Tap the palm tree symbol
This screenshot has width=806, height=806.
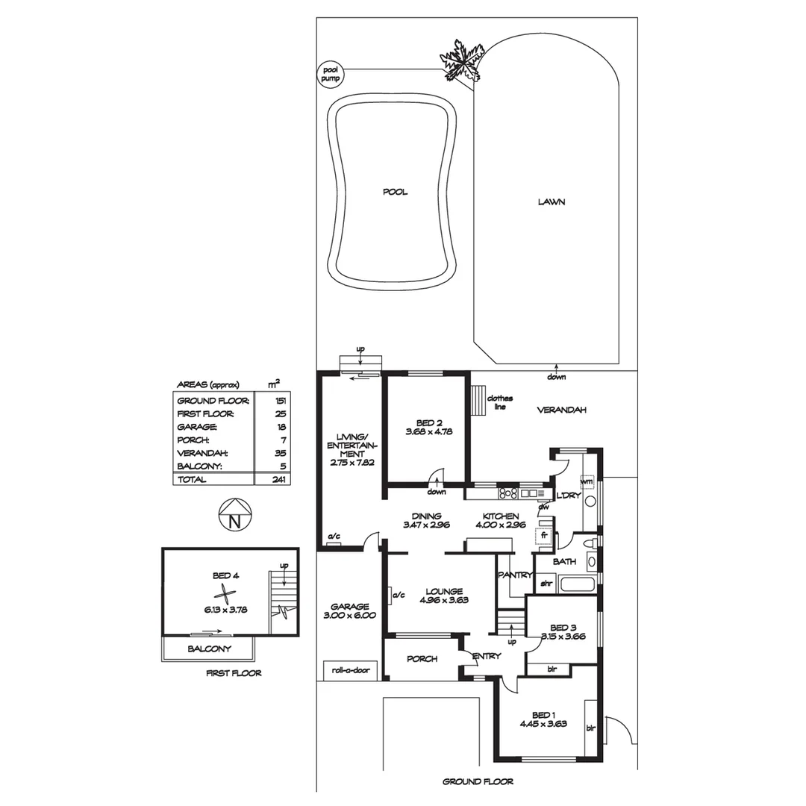click(x=460, y=60)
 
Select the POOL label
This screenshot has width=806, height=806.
click(x=395, y=192)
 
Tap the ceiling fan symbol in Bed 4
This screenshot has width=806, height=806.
click(x=224, y=595)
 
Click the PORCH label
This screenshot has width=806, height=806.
click(x=422, y=659)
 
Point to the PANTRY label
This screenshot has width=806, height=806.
click(x=515, y=575)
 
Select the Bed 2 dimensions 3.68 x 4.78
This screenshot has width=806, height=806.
click(x=429, y=431)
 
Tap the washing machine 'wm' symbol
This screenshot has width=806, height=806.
click(x=587, y=481)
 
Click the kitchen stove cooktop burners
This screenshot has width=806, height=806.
click(x=508, y=493)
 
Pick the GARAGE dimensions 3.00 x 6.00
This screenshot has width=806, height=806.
click(x=350, y=616)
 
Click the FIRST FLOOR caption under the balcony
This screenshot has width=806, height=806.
click(x=234, y=673)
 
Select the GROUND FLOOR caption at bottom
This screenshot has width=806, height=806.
click(x=478, y=782)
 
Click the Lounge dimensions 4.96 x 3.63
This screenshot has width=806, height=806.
click(x=443, y=599)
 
